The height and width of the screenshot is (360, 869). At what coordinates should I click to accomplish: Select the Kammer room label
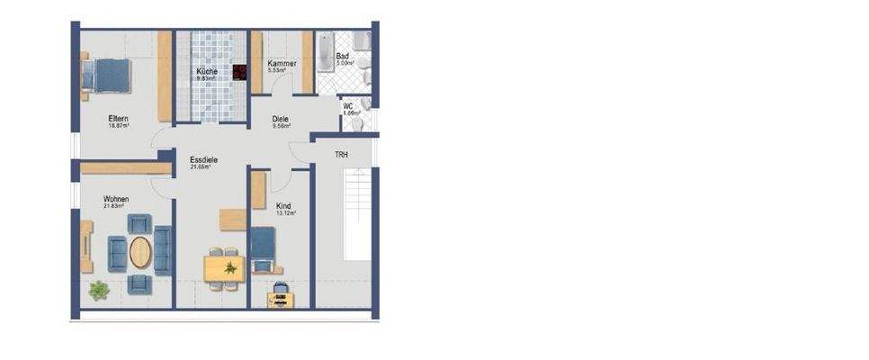282,65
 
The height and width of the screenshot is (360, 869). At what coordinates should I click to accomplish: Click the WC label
348,106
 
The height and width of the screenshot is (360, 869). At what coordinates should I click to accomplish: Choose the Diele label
282,119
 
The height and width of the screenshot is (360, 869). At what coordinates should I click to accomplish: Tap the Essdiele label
203,159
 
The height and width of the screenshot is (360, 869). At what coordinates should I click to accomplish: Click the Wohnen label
116,199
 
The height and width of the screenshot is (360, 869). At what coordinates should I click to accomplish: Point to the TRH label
341,155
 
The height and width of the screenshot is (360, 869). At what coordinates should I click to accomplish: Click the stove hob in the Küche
240,73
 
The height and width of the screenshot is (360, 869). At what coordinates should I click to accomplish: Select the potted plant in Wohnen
98,290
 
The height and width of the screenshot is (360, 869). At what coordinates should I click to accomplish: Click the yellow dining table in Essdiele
225,268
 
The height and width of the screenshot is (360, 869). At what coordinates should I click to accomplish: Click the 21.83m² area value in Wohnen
114,207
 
